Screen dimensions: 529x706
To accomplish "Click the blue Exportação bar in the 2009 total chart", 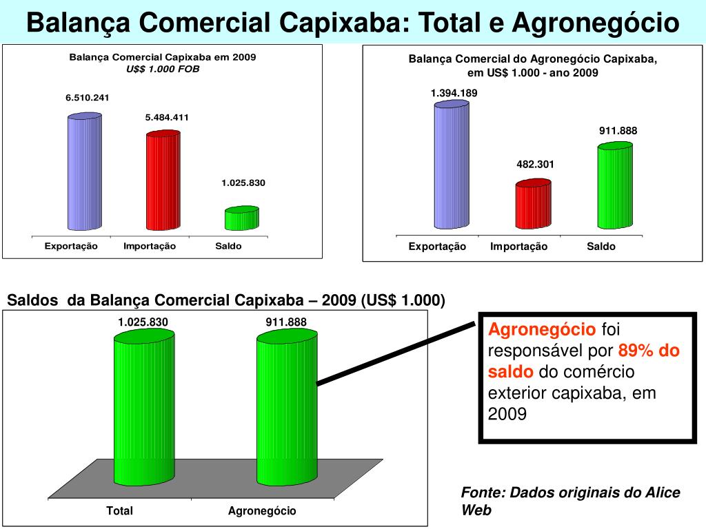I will (85, 172).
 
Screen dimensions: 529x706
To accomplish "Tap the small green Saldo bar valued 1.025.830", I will (241, 218).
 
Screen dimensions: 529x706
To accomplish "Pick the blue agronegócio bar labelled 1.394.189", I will (452, 165).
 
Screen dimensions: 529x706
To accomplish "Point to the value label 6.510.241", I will (88, 98).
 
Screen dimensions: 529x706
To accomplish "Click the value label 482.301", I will (536, 164).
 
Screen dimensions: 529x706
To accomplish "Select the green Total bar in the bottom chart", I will (143, 406).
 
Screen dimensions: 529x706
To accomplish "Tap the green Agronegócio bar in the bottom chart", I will (287, 406).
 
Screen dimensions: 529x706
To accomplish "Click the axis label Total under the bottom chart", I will (120, 511).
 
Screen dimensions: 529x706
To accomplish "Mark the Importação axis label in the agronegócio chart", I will (518, 247).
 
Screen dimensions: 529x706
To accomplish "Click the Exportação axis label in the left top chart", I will (71, 246).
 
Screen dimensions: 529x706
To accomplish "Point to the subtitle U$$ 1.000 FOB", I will (163, 69).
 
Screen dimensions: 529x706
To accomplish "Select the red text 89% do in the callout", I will (649, 351).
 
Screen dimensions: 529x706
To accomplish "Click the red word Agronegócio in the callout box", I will (542, 329).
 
